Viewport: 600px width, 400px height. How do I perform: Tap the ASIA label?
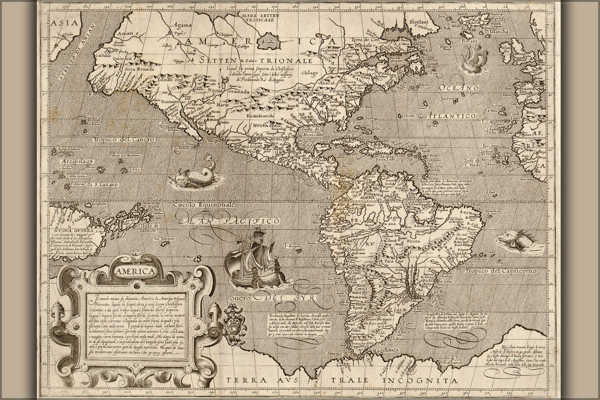63,23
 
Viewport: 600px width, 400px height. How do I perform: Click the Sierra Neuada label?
137,68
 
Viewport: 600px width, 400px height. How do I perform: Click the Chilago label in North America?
308,73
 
